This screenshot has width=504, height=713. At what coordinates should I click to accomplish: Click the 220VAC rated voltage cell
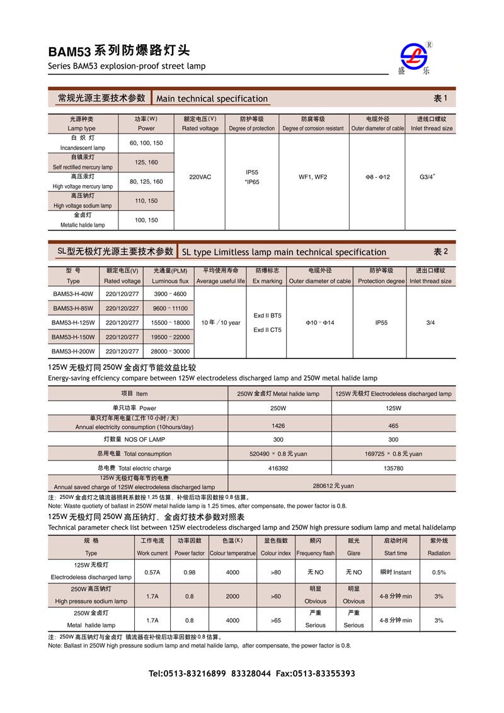coord(200,177)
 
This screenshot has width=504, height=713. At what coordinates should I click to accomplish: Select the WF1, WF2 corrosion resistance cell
coord(312,177)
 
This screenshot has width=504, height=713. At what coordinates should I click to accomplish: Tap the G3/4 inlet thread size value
coord(429,177)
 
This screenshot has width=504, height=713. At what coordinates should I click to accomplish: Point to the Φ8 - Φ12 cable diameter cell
coord(377,177)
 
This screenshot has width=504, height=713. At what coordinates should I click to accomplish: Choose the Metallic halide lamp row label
coord(83,220)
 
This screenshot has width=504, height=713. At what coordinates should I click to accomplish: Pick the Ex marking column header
coord(267,276)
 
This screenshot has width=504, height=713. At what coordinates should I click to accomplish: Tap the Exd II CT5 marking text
coord(267,330)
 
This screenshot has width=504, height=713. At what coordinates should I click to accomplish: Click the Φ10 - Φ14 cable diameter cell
coord(320,322)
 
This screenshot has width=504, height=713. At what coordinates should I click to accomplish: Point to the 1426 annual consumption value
coord(278,426)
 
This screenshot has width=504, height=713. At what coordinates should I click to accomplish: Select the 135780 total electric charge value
coord(393,469)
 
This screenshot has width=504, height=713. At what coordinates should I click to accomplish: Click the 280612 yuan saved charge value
coord(335,486)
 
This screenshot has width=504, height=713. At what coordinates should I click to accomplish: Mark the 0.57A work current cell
coord(152,573)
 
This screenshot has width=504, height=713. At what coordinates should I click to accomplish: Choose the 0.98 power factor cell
coord(190,573)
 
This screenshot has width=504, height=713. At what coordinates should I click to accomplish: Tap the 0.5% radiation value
coord(438,573)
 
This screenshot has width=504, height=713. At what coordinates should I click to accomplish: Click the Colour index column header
coord(276,547)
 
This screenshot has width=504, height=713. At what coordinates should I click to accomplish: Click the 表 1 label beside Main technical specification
coord(440,98)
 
